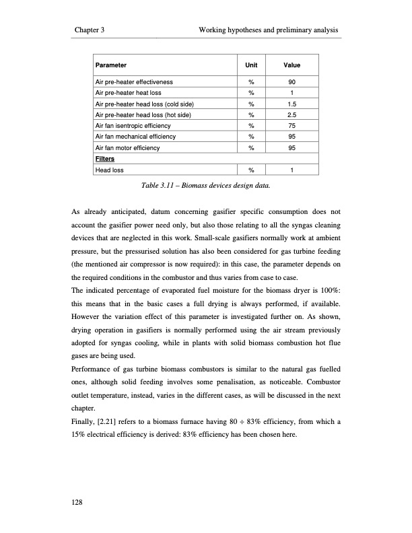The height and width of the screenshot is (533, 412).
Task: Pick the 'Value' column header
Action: tap(291, 66)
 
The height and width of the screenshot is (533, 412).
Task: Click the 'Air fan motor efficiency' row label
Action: tap(128, 147)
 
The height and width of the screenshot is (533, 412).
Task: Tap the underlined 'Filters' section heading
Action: tap(105, 159)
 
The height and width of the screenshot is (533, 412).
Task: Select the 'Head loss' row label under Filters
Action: tap(110, 170)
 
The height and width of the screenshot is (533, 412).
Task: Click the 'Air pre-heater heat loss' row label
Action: tap(129, 92)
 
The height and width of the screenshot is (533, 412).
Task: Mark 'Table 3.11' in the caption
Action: tap(161, 184)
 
